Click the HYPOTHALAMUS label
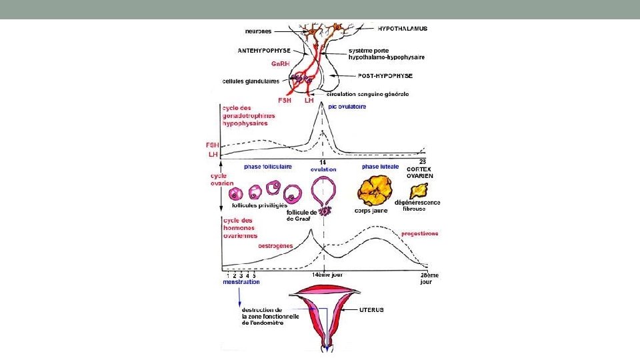[402, 29]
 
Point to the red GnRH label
[279, 64]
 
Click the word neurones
[258, 31]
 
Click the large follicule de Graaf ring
[324, 194]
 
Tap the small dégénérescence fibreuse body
[419, 191]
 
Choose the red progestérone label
[419, 234]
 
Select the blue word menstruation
[241, 281]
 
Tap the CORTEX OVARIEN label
[419, 172]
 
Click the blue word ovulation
[324, 169]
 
